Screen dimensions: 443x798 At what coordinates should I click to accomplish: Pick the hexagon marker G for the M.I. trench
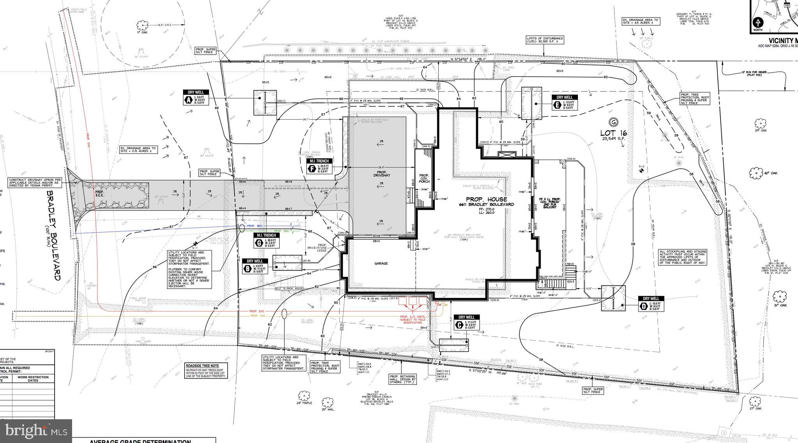258,243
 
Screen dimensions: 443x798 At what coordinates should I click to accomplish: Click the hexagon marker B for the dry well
247,268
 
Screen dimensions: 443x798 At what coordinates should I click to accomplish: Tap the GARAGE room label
381,264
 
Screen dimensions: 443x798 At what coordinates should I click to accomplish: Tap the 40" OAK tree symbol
756,173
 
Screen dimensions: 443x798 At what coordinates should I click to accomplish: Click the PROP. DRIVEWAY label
381,174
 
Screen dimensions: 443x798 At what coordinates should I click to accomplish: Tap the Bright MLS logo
36,431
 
